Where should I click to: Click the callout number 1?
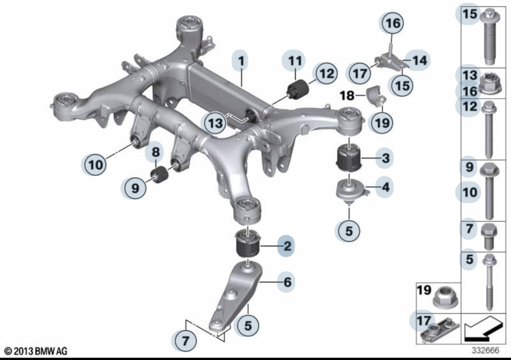point(241,61)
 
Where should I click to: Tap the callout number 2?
point(287,246)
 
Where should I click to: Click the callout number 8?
point(156,152)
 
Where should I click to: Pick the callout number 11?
point(295,61)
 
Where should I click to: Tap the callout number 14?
point(420,60)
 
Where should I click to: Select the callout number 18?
point(347,95)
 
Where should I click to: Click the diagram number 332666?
point(485,350)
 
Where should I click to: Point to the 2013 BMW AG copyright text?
point(36,351)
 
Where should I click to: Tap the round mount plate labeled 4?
point(352,191)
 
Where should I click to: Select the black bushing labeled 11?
point(298,90)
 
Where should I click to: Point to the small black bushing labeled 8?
point(160,175)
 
